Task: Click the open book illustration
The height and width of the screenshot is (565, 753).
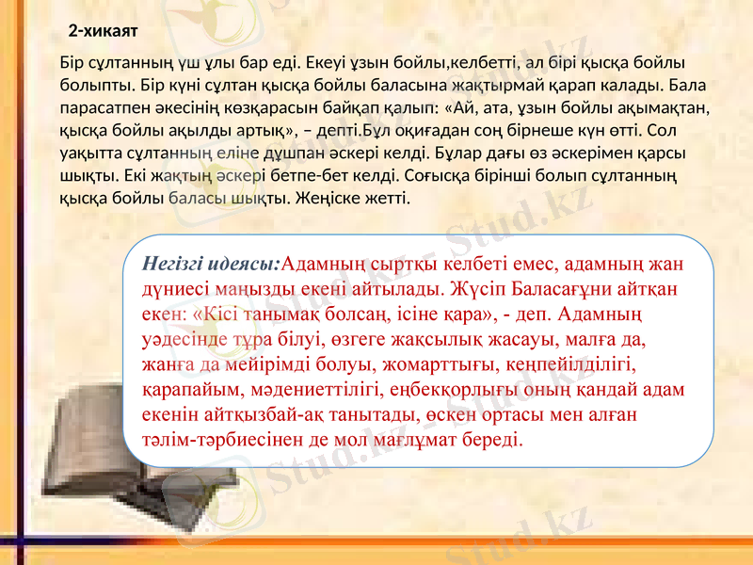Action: [85, 433]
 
